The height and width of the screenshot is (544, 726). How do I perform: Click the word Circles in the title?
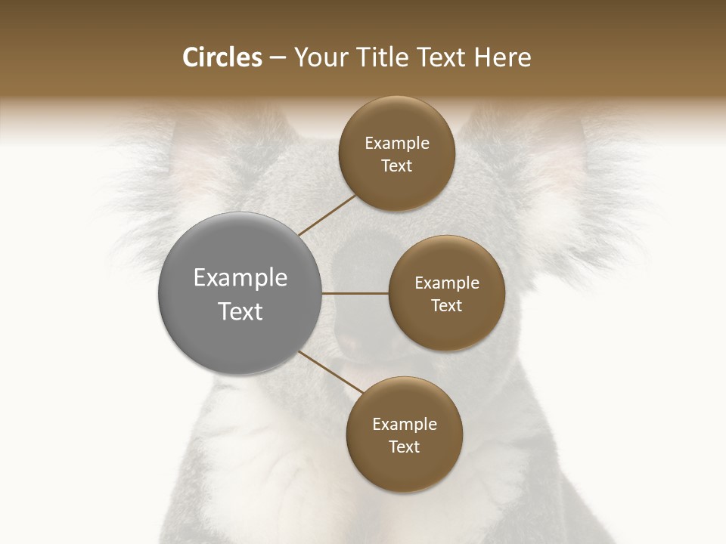pos(222,57)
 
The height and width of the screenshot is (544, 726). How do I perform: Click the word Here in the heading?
pos(502,57)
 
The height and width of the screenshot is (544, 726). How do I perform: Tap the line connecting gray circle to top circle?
pos(327,215)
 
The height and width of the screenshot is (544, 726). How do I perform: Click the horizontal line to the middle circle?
pos(355,292)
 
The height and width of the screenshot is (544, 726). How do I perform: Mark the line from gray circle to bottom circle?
pos(330,372)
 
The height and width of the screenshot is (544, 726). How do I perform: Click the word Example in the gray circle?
pos(240,278)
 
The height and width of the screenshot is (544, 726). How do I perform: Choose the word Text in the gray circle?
pos(240,311)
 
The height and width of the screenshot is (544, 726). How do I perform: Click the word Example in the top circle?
pos(397,144)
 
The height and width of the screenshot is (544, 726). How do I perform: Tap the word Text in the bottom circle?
pos(404,447)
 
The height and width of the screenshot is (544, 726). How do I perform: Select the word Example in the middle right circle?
pos(447,283)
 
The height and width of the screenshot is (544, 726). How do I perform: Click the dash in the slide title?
pos(278,58)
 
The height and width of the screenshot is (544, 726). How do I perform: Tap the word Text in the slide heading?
pos(438,57)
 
